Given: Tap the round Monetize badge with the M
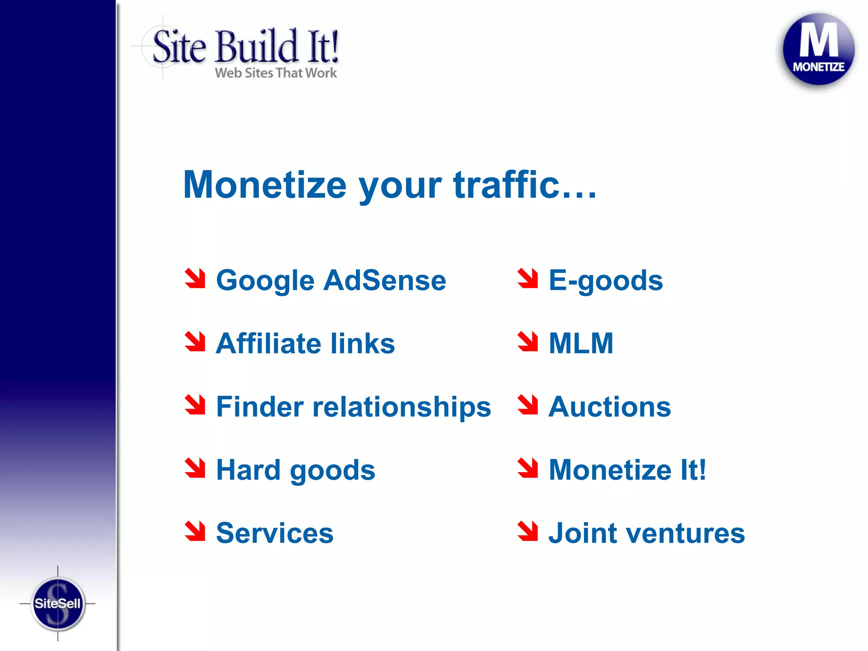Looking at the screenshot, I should [818, 49].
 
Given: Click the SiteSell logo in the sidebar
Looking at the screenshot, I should [58, 603].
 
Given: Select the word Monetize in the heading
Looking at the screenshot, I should [265, 185].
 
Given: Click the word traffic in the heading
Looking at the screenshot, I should [506, 185].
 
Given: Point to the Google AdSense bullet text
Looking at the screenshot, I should [331, 281].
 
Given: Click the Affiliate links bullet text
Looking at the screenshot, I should [305, 343].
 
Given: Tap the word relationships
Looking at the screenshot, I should [401, 407].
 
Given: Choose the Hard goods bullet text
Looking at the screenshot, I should [295, 470].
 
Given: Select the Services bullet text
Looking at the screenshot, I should [275, 533].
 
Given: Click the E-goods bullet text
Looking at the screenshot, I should [606, 281].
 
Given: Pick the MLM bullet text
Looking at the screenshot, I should [581, 343].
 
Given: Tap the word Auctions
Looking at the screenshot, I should [610, 407].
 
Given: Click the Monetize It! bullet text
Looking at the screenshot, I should [627, 470].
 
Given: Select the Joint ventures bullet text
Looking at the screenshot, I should [647, 533].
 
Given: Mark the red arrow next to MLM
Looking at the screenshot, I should [528, 341].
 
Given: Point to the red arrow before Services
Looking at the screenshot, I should [195, 531].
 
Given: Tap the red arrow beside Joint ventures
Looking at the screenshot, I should [528, 531].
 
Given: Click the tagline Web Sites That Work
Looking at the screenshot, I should [276, 73].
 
